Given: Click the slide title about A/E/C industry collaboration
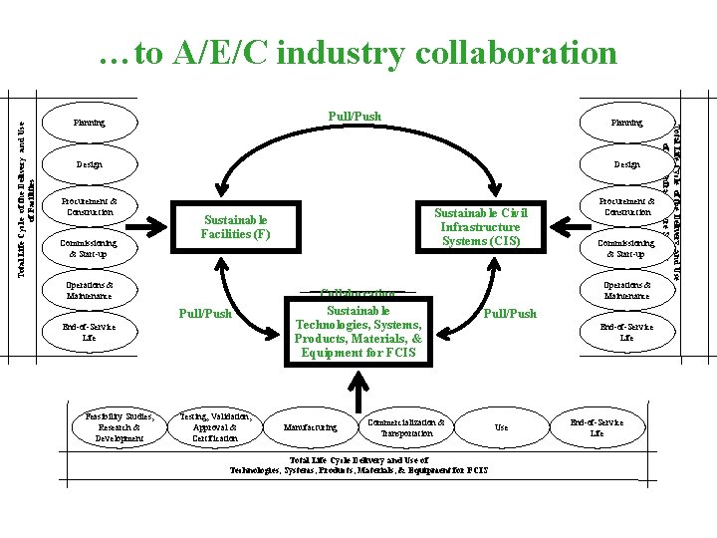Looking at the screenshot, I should (358, 52).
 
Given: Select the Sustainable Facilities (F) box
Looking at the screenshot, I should (235, 227).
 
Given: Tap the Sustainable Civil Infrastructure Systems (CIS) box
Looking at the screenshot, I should (480, 227).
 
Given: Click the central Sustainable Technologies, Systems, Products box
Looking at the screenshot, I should (358, 325).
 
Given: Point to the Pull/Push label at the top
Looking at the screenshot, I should (355, 117).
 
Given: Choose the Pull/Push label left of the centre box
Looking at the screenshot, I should (204, 314).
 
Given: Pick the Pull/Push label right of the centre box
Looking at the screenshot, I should (509, 313).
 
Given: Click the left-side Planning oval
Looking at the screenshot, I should (90, 124).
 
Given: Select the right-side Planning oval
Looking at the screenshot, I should (626, 124).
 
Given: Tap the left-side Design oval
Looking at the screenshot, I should (90, 164).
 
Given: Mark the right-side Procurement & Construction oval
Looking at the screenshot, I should (626, 206).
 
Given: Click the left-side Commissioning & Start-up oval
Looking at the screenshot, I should (90, 248).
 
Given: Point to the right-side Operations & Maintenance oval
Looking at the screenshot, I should (626, 290).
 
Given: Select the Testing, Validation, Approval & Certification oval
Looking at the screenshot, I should (215, 426).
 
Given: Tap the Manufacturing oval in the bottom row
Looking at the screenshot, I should (310, 427).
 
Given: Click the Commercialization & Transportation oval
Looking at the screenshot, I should (405, 427).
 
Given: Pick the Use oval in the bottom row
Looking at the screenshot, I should (501, 427).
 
